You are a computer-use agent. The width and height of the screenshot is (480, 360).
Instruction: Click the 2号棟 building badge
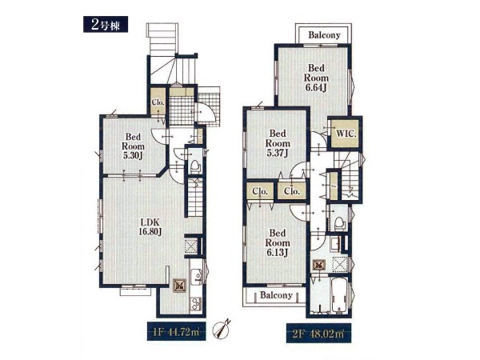(106, 24)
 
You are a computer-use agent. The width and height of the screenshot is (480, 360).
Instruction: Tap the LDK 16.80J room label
(150, 227)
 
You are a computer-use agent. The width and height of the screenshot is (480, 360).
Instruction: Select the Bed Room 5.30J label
(133, 146)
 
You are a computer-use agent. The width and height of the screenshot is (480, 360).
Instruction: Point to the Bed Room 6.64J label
(316, 78)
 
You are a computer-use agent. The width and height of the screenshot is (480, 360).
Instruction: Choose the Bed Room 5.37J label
(278, 143)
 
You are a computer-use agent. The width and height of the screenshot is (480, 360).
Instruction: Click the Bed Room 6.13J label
(278, 242)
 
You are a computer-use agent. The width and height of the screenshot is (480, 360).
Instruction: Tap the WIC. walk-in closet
(346, 134)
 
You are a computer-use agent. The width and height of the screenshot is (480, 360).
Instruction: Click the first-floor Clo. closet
(158, 102)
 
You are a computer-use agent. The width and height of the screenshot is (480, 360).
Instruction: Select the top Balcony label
(324, 35)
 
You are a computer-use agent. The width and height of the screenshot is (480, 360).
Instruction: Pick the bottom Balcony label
(276, 295)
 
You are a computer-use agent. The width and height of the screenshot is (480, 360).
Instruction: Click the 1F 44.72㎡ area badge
(176, 331)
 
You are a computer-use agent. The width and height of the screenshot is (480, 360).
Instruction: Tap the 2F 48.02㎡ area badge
(318, 333)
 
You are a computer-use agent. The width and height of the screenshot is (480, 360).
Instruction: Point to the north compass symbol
(222, 329)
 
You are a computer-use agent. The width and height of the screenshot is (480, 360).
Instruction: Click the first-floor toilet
(195, 166)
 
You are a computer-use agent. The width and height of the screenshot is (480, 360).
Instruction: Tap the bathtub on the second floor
(339, 296)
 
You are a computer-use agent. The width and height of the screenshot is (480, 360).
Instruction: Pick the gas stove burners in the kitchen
(196, 304)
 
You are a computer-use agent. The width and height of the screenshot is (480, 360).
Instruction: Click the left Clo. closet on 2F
(260, 191)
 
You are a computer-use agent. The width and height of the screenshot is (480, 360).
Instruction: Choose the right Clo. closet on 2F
(292, 191)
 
